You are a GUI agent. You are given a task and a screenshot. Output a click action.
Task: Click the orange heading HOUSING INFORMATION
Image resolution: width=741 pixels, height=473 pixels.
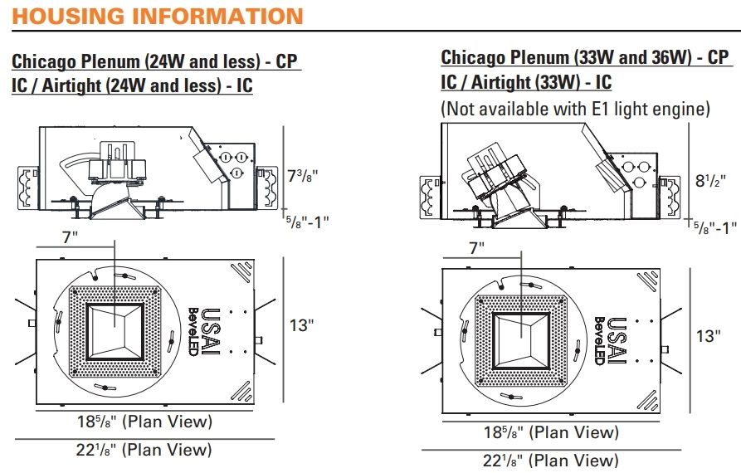pos(158,16)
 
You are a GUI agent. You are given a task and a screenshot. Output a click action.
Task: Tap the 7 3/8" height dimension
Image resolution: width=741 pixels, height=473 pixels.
pos(303,176)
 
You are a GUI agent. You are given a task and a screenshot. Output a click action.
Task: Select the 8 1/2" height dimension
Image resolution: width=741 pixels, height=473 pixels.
pos(710,181)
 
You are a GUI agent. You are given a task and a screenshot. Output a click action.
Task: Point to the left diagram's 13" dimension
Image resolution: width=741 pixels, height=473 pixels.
pos(302,325)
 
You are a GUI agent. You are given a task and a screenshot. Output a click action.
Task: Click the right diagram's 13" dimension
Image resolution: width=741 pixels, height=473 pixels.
pos(709,335)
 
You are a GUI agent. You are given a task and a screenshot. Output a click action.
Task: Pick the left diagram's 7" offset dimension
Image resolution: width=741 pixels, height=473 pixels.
pos(71,236)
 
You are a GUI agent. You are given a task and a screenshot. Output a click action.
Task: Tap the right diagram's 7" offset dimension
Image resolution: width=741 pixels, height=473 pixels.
pos(477,247)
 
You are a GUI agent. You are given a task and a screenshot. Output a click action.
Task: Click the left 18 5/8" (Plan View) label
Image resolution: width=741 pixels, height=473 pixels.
pos(145,422)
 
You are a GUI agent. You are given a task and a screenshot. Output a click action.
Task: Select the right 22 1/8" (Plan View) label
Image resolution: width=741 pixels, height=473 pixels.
pos(551,461)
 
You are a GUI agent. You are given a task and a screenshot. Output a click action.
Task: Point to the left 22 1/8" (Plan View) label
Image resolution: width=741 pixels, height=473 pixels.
pos(144,450)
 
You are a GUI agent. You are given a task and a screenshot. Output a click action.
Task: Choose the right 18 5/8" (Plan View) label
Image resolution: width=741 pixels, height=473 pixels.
pos(552,432)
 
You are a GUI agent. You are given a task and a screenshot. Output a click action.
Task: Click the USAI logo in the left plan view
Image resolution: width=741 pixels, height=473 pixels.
pos(212,331)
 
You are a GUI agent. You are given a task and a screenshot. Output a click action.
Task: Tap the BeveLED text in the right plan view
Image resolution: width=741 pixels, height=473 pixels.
pos(600,341)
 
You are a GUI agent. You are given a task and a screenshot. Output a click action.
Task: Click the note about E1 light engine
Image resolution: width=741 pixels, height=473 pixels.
pos(576,109)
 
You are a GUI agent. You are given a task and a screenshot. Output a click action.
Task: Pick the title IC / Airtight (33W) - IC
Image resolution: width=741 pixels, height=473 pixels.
pos(526,82)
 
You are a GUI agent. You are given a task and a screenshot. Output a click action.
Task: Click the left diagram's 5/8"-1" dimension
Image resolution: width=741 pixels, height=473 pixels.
pos(307,222)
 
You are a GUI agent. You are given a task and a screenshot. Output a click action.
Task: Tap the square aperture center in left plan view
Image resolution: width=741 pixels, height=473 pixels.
pos(115,332)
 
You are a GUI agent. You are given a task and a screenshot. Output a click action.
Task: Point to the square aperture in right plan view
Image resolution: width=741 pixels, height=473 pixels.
pos(521,341)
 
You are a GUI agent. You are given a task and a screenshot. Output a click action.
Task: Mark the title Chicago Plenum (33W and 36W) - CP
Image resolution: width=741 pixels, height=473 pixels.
pos(585,57)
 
